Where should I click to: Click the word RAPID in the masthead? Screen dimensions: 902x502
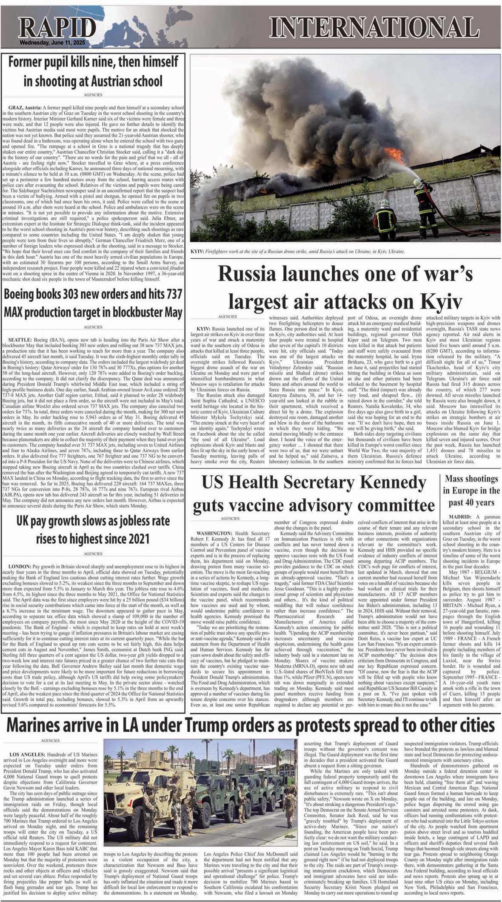click(x=57, y=30)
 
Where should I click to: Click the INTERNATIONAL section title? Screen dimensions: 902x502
click(x=374, y=29)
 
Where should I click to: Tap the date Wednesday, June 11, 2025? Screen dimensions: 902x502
click(x=52, y=44)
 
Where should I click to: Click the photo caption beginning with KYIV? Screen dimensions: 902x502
click(x=298, y=251)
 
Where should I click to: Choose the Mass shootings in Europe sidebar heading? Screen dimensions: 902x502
click(x=471, y=490)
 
